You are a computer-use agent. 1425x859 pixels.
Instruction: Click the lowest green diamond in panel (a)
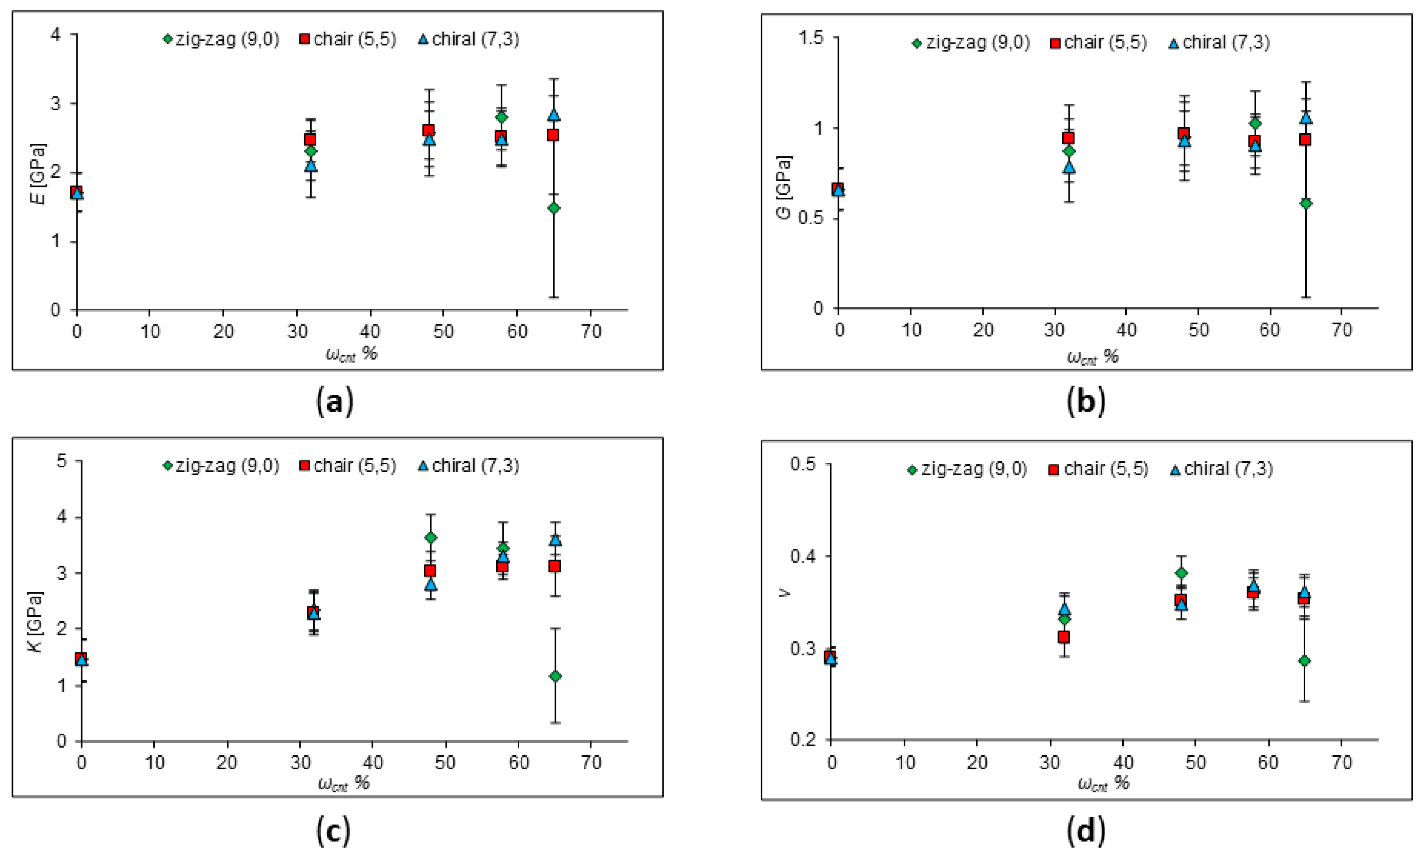click(553, 208)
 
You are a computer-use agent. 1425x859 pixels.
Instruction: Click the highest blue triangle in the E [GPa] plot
click(554, 114)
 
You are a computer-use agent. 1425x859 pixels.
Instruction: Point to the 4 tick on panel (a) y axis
click(56, 34)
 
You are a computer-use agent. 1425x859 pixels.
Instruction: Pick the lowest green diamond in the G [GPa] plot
click(1305, 203)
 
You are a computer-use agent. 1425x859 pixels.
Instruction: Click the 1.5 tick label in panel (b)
click(811, 38)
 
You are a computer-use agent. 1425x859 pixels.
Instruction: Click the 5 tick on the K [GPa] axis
click(62, 461)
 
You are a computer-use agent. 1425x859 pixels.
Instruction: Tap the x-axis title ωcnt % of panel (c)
click(343, 783)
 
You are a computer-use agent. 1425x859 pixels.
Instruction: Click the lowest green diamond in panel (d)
click(1304, 660)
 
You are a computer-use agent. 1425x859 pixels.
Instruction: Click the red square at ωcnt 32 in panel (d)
click(1063, 637)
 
